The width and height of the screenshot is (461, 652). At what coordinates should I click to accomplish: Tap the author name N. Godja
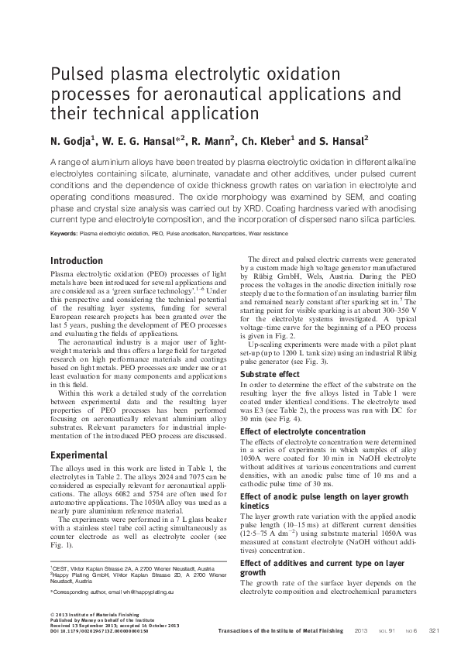click(71, 142)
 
